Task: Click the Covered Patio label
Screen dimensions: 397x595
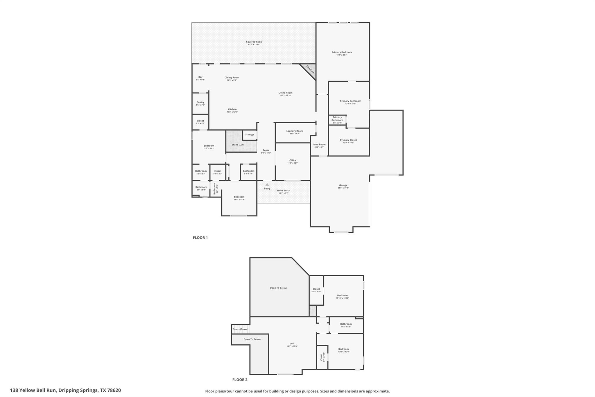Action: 254,42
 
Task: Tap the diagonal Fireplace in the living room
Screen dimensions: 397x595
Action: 310,70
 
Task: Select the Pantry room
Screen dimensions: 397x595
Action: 200,103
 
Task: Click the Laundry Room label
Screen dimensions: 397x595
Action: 294,131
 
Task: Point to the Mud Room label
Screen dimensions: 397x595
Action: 319,145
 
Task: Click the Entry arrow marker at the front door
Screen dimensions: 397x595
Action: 267,184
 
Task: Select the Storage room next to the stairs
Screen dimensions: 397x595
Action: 250,134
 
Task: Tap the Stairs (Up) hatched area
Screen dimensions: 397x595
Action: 237,145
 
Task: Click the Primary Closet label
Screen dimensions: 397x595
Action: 348,140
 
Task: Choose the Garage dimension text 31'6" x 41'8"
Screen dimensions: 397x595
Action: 343,188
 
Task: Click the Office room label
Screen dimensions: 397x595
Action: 293,161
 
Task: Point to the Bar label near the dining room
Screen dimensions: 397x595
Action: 200,77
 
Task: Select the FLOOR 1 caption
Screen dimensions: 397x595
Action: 200,238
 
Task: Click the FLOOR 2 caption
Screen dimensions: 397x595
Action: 240,380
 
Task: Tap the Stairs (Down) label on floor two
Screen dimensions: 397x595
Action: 241,329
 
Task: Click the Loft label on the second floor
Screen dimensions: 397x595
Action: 292,344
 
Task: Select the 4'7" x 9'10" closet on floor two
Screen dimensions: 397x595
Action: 316,290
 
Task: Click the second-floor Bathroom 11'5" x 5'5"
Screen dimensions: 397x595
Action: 346,325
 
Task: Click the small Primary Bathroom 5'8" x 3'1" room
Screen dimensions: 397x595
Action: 337,120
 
